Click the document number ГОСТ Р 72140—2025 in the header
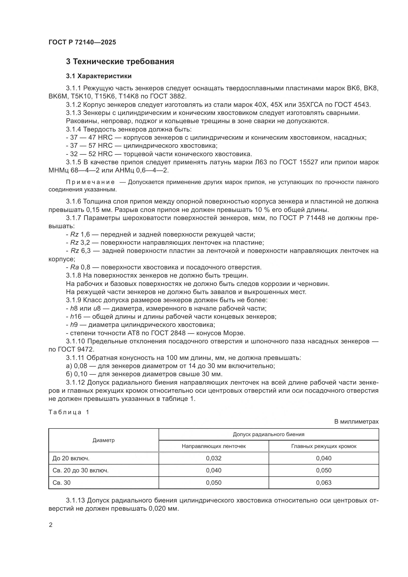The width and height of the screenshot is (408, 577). point(82,42)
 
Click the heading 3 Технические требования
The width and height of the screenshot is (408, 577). point(120,62)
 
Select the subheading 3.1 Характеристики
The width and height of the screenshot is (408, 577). point(99,76)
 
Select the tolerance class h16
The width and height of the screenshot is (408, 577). point(76,316)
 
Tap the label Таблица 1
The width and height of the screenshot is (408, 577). point(69,412)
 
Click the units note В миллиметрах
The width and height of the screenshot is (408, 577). point(356,422)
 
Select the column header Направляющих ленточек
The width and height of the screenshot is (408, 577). point(214,446)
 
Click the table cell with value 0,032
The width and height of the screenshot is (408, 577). point(214,458)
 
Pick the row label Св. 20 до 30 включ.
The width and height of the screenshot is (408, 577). point(80,470)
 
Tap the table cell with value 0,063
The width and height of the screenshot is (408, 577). point(324,483)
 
